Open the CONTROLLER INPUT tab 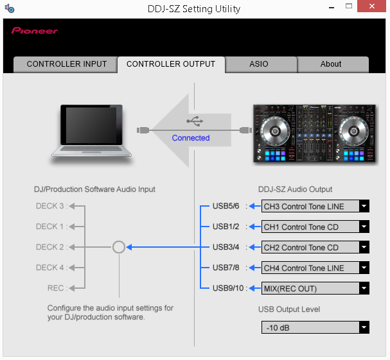pyautogui.click(x=66, y=64)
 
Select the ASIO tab pyautogui.click(x=259, y=64)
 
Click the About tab pyautogui.click(x=331, y=64)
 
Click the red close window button pyautogui.click(x=371, y=6)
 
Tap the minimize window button pyautogui.click(x=332, y=8)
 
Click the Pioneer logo pyautogui.click(x=34, y=31)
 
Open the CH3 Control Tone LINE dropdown pyautogui.click(x=315, y=206)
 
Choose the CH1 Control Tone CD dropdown pyautogui.click(x=315, y=227)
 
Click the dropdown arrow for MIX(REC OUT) pyautogui.click(x=364, y=288)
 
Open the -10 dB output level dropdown pyautogui.click(x=315, y=327)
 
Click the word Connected pyautogui.click(x=191, y=138)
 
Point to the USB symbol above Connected pyautogui.click(x=195, y=121)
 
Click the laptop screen pyautogui.click(x=91, y=125)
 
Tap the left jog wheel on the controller pyautogui.click(x=275, y=131)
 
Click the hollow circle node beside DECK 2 pyautogui.click(x=119, y=247)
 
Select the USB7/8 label pyautogui.click(x=226, y=268)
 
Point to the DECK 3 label pyautogui.click(x=50, y=206)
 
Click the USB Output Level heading pyautogui.click(x=289, y=309)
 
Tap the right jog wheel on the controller pyautogui.click(x=353, y=131)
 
